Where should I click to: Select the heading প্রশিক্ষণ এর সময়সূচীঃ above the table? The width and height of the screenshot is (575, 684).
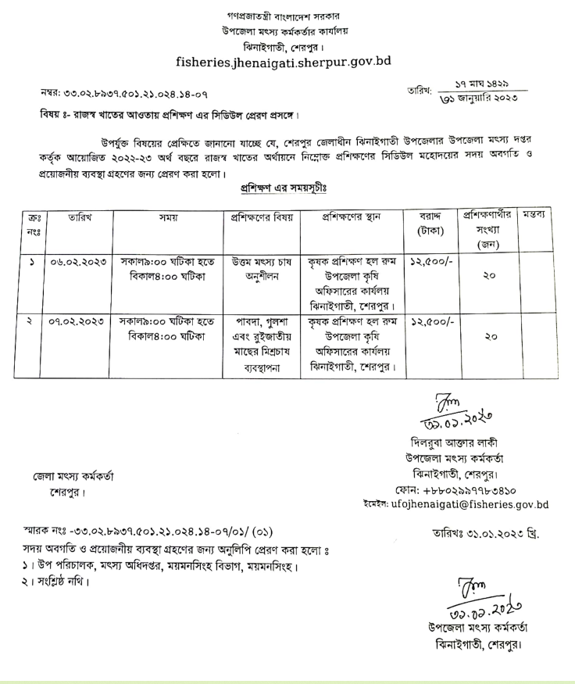(281, 188)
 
